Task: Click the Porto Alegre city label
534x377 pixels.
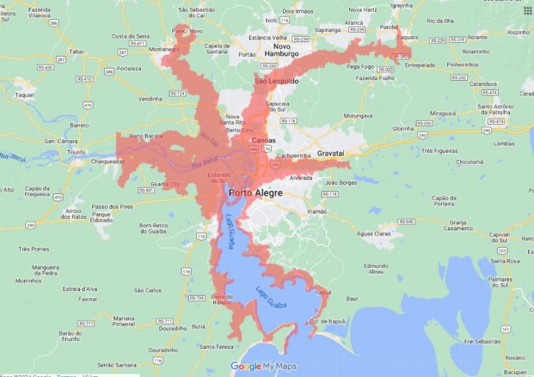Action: coord(256,193)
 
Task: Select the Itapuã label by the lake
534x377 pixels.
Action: coord(323,292)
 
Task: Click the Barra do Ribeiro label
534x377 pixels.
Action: coord(221,300)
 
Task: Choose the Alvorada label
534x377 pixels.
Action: coord(301,178)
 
